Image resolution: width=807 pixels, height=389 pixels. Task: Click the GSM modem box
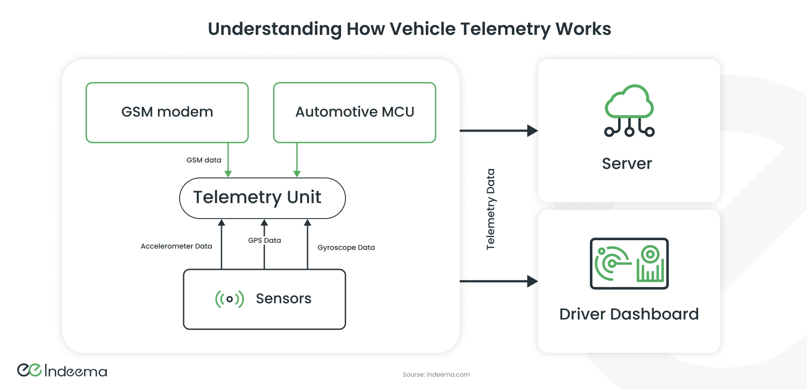point(167,112)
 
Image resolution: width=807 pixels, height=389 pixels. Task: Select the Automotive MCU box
point(355,112)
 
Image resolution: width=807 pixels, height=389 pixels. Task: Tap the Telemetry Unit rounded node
point(262,198)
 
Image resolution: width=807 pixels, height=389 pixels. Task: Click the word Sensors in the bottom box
point(283,299)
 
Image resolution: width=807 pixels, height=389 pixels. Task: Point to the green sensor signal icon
point(229,299)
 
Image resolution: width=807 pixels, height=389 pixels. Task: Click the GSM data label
point(204,160)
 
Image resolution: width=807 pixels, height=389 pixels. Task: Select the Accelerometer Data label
point(176,246)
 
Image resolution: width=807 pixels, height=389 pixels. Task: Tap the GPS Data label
point(264,241)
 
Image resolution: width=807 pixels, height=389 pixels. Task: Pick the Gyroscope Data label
point(346,248)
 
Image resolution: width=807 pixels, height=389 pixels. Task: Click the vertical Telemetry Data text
point(490,209)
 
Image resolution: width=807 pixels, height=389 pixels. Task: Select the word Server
point(627,164)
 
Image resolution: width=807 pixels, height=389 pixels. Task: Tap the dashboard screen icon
point(629,264)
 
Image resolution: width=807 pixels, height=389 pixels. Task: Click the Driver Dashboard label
point(629,314)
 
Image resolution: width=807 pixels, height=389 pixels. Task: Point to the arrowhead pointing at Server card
point(533,131)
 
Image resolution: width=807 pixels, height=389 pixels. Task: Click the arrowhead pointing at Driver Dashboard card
point(533,281)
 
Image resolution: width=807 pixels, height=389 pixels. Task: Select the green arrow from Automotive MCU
point(297,160)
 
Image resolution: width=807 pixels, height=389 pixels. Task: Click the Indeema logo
point(62,370)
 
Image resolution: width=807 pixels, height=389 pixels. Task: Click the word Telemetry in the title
point(505,29)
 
